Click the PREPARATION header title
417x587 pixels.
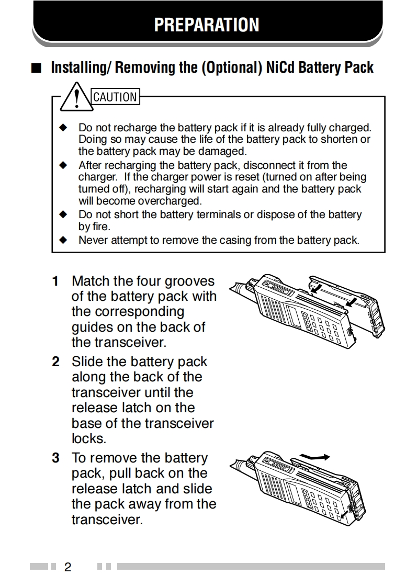[x=207, y=25]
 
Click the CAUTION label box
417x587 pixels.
[x=115, y=97]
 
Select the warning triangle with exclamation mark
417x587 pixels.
[x=77, y=98]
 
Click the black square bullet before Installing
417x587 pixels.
[x=36, y=69]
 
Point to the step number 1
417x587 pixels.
[x=55, y=281]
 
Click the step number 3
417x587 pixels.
[x=55, y=458]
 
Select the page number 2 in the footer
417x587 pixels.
[x=67, y=567]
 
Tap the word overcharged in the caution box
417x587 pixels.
[x=170, y=201]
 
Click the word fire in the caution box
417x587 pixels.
[x=101, y=227]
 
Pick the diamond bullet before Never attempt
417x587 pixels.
[x=64, y=240]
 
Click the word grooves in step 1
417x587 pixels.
[x=189, y=281]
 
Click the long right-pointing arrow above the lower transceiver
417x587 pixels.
[x=317, y=457]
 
